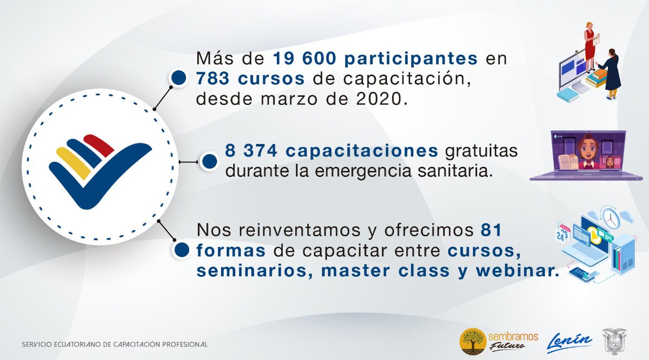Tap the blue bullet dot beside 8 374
208,161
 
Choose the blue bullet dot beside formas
182,250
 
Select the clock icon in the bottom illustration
610,217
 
